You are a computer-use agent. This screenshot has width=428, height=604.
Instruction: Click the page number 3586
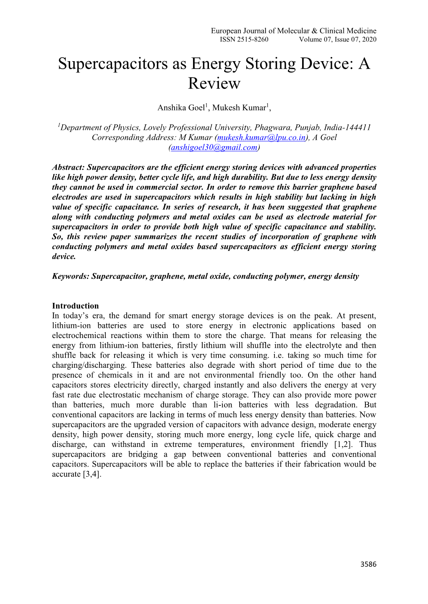[368, 564]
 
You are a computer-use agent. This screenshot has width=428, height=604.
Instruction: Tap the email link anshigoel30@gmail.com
[214, 147]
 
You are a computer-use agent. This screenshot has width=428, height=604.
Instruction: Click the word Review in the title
[214, 83]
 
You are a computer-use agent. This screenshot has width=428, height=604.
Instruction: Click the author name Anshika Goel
[181, 108]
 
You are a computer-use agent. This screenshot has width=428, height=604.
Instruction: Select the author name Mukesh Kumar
[239, 108]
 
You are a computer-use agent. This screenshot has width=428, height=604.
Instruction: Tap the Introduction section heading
[76, 306]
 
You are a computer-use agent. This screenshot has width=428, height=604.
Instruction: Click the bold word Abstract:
[68, 168]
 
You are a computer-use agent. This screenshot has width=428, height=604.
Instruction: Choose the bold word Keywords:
[70, 276]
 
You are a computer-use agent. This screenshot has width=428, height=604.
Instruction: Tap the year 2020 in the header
[369, 39]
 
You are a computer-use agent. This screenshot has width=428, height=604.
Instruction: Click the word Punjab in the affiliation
[308, 127]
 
